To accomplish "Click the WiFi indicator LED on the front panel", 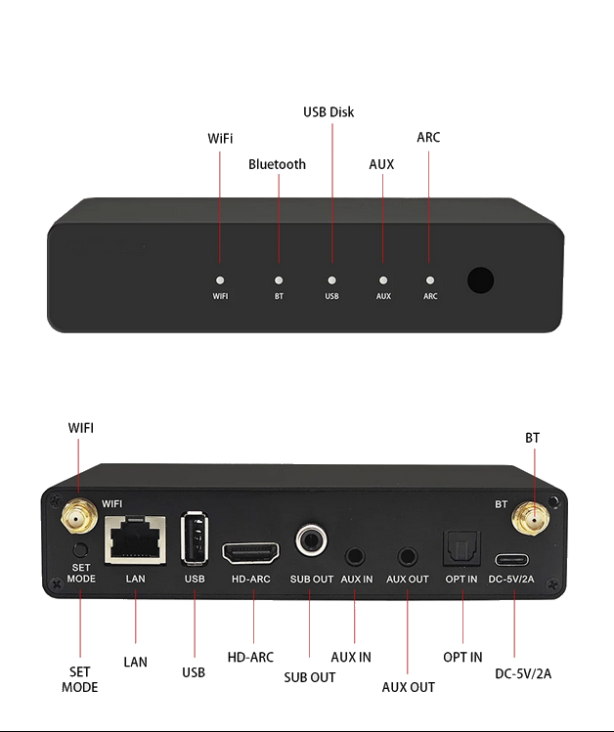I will [x=220, y=280].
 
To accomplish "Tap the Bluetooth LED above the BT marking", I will [x=279, y=280].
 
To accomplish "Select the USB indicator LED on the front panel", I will [x=331, y=280].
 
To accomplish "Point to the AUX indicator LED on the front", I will [x=383, y=280].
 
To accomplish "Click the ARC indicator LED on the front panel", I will [x=429, y=280].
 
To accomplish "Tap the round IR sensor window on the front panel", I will [x=480, y=280].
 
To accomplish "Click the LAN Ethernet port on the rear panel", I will [x=135, y=538].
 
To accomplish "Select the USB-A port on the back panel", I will [x=196, y=538].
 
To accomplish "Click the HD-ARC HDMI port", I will [x=251, y=554].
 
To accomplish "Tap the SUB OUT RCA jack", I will [x=312, y=539].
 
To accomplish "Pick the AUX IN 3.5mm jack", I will [x=356, y=556].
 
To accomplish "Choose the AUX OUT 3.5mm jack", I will [x=407, y=556].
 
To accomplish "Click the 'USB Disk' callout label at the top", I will [x=329, y=112].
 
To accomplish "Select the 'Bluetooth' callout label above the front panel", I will [x=277, y=164].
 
